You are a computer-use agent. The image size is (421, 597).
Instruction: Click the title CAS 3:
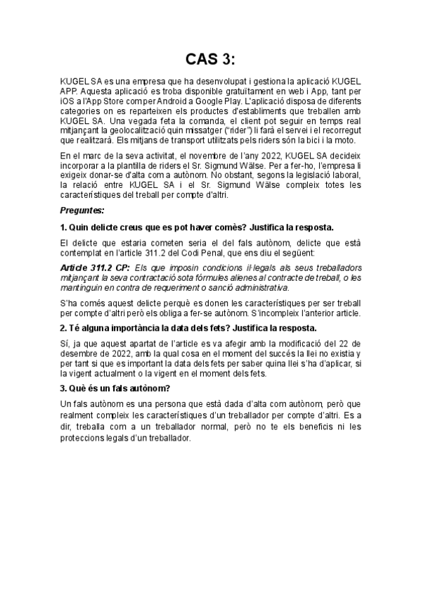[x=210, y=58]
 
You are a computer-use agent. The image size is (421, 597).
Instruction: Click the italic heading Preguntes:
[x=83, y=210]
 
